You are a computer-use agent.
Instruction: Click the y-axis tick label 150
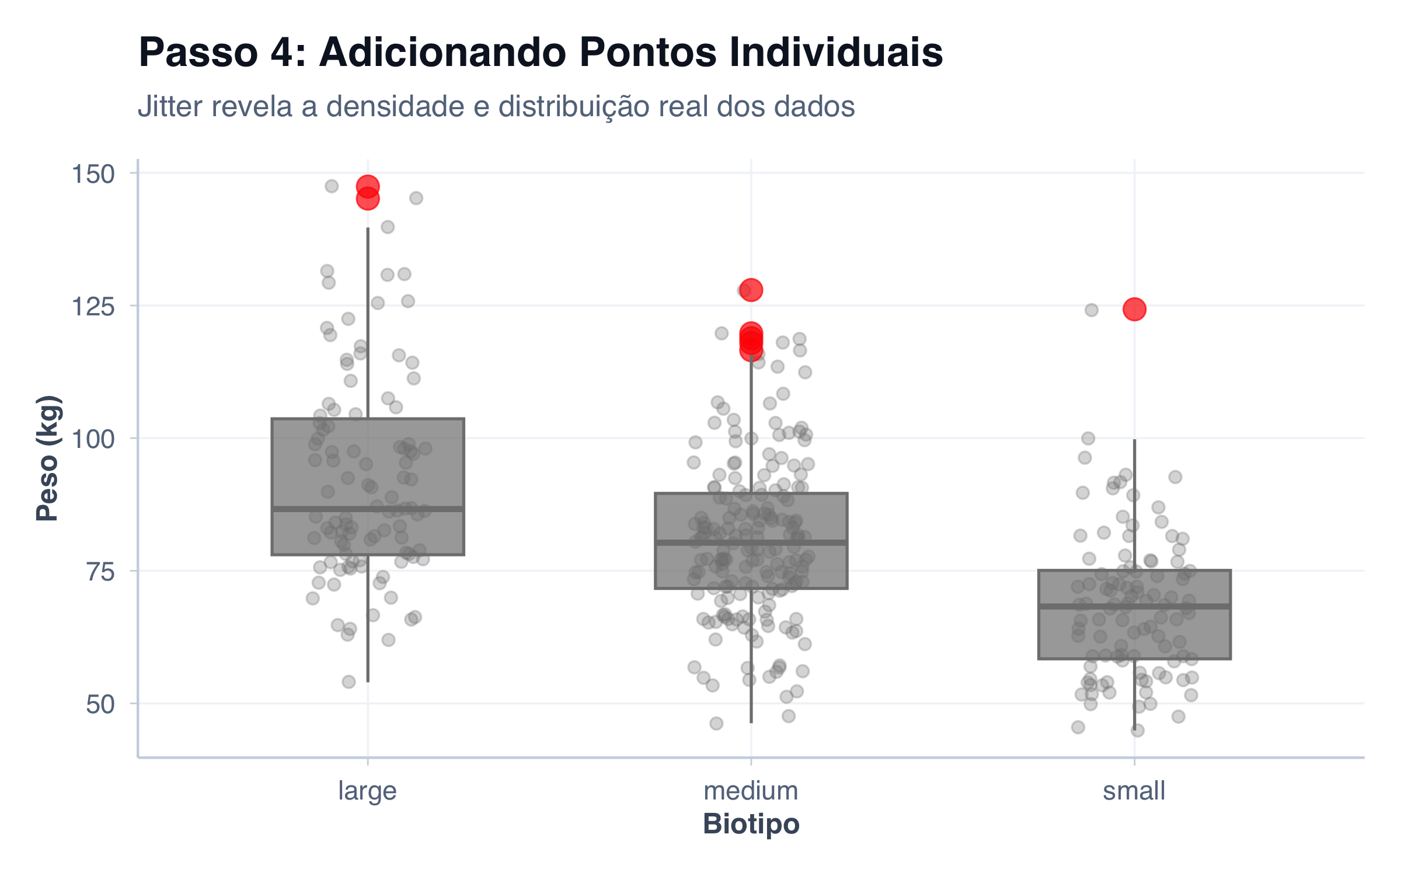(93, 174)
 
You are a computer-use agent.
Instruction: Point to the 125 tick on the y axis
(93, 307)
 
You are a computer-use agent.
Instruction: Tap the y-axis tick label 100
(93, 439)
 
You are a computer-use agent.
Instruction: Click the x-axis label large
(367, 791)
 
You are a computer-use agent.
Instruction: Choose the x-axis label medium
(751, 791)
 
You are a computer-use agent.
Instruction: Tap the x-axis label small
(1134, 791)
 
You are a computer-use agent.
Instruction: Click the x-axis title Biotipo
(751, 824)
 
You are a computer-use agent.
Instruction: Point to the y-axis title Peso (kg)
(48, 458)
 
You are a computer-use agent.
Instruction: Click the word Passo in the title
(198, 53)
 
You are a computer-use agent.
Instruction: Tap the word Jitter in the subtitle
(170, 106)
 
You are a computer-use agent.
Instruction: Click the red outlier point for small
(1134, 309)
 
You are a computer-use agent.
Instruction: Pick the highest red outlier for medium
(751, 290)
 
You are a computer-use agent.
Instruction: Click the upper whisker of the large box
(368, 321)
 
